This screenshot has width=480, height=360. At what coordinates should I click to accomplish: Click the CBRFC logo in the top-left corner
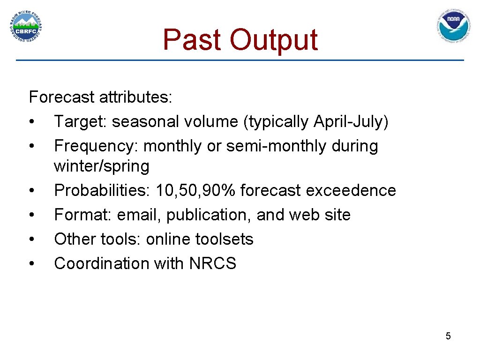[27, 27]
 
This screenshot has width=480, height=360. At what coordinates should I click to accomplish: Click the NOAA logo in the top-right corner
[453, 27]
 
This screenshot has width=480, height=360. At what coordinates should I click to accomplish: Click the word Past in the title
[192, 39]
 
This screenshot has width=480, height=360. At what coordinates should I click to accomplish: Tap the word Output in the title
[273, 39]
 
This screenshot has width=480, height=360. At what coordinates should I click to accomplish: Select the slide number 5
[448, 336]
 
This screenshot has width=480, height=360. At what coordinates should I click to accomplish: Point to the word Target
[80, 122]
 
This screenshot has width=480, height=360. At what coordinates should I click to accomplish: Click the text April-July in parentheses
[349, 122]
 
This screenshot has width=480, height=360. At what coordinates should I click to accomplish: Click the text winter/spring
[101, 166]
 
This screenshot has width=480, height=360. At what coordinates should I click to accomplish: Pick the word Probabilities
[98, 190]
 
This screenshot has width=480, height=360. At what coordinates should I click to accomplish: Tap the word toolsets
[224, 239]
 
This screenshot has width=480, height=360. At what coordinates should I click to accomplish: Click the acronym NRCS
[213, 263]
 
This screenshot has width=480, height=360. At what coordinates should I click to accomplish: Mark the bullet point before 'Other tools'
[31, 239]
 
